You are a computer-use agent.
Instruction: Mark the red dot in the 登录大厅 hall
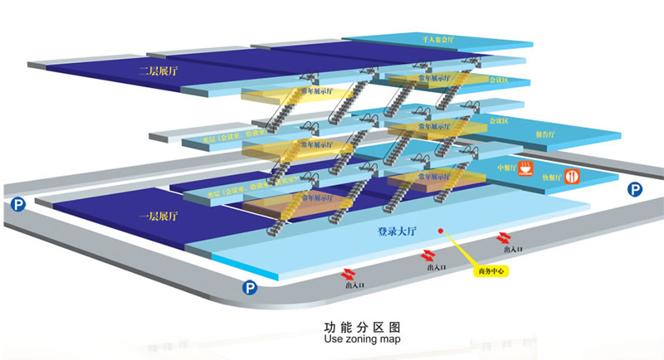click(441, 231)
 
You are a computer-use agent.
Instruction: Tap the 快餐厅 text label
click(552, 177)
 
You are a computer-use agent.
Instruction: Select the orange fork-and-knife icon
click(572, 177)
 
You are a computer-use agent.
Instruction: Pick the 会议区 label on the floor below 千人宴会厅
click(499, 80)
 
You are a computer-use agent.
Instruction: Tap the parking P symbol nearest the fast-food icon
click(635, 190)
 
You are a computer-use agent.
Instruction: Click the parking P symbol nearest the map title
click(248, 288)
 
